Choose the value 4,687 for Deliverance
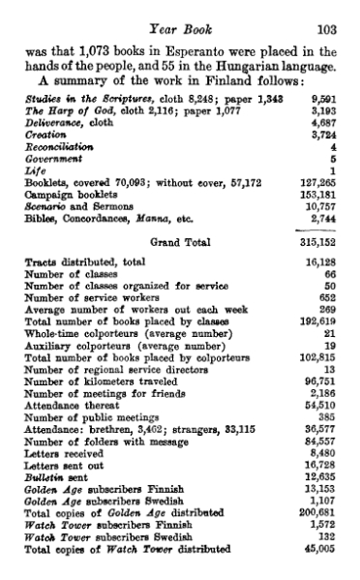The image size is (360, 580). (x=324, y=123)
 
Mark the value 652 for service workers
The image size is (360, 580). (x=327, y=298)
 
